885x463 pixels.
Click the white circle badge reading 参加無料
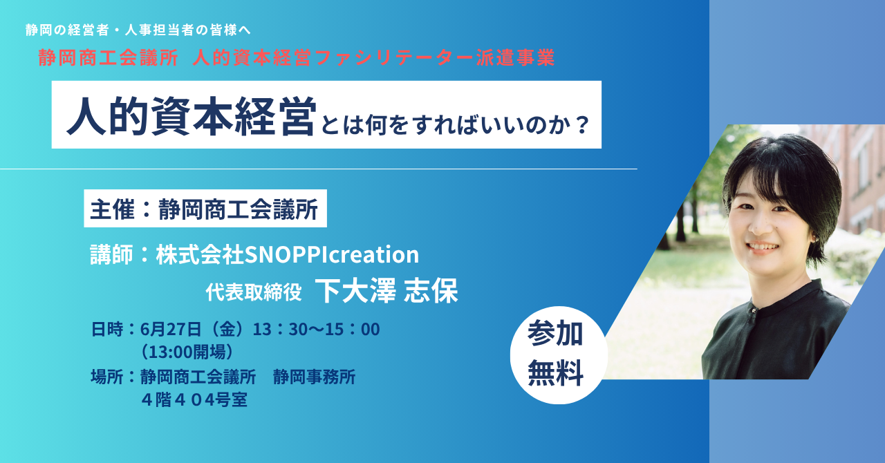(x=558, y=355)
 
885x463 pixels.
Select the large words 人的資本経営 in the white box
(x=192, y=116)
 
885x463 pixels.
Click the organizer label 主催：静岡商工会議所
(x=205, y=209)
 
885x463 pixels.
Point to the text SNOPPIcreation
(x=332, y=254)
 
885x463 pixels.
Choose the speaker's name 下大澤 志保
(x=386, y=291)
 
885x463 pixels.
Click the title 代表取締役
(x=254, y=292)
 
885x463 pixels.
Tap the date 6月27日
(x=171, y=329)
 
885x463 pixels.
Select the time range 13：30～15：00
(x=316, y=329)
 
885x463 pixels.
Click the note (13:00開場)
(x=187, y=352)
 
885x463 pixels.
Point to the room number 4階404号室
(x=194, y=400)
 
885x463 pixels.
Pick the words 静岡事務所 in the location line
(x=314, y=377)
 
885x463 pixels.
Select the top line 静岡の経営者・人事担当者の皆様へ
(x=138, y=30)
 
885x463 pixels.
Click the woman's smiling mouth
(x=763, y=247)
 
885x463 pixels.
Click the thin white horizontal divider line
(x=319, y=169)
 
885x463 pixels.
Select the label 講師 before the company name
(x=112, y=254)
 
